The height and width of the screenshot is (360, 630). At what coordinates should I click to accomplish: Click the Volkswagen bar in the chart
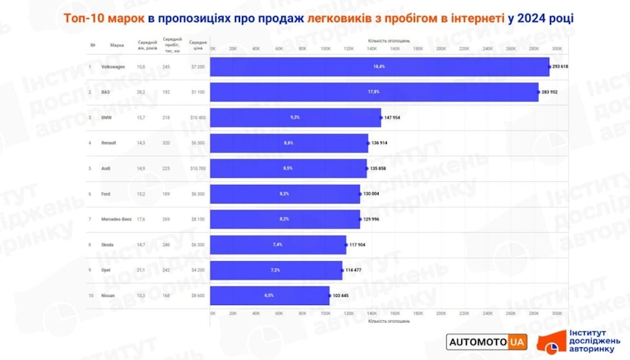[379, 66]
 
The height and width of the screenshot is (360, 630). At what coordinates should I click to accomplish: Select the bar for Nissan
[270, 295]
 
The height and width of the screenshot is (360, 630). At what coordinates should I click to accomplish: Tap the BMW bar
[295, 117]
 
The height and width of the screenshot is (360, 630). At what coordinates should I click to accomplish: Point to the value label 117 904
[358, 245]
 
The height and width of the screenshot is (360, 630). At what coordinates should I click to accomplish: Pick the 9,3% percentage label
[295, 117]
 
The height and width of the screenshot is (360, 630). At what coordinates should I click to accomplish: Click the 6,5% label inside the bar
[269, 295]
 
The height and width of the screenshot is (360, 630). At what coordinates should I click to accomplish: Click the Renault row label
[108, 142]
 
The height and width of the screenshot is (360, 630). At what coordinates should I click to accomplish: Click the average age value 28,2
[141, 92]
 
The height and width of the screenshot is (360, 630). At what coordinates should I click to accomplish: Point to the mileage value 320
[166, 142]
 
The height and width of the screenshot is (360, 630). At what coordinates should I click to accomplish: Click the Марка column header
[117, 45]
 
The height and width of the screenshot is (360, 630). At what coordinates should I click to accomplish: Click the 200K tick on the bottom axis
[442, 313]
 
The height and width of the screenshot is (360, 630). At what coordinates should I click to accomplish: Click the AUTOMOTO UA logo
[486, 342]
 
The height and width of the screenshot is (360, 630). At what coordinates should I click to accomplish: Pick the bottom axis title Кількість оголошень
[389, 321]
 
